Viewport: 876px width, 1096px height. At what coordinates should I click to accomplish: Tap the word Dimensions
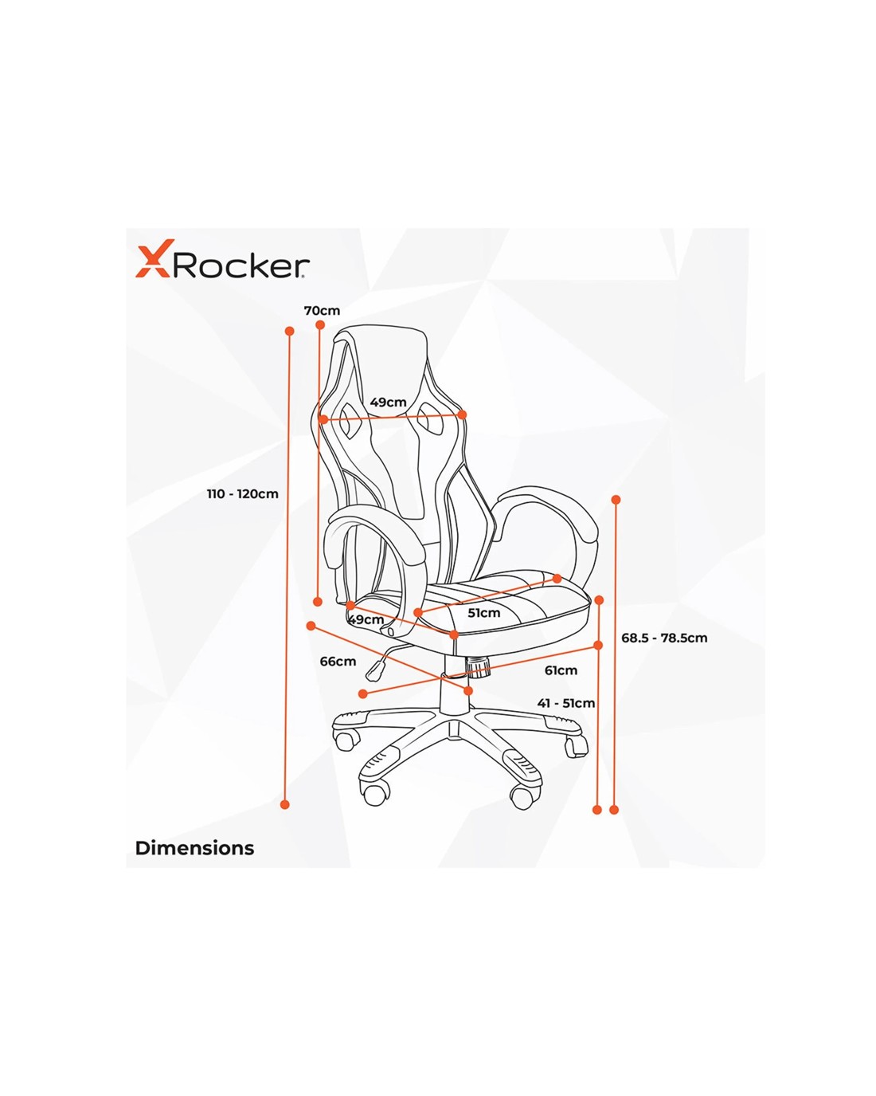tap(194, 848)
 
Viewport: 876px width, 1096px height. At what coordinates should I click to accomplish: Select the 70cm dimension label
tap(322, 310)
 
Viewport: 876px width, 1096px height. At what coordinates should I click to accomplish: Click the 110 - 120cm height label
tap(242, 493)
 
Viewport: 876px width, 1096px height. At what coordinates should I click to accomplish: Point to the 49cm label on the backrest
tap(388, 402)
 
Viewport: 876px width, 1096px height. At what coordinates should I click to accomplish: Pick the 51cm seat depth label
tap(483, 613)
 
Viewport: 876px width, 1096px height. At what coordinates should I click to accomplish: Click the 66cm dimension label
tap(338, 661)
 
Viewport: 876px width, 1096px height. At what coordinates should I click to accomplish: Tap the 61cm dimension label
tap(561, 670)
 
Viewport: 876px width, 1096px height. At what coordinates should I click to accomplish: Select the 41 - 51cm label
tap(566, 703)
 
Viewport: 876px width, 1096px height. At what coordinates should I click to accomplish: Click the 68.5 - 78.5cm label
tap(664, 638)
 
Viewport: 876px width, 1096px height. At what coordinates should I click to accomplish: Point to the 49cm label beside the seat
tap(366, 620)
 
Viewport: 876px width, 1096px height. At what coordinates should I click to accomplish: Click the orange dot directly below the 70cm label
tap(320, 325)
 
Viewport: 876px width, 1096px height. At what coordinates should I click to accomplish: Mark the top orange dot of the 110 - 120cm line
tap(290, 331)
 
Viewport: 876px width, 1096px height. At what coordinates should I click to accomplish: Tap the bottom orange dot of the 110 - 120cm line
tap(285, 804)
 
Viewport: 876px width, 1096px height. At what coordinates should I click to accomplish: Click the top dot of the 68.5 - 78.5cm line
tap(616, 500)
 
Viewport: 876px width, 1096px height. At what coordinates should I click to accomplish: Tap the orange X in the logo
tap(152, 259)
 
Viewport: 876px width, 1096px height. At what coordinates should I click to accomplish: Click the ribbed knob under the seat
tap(479, 666)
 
